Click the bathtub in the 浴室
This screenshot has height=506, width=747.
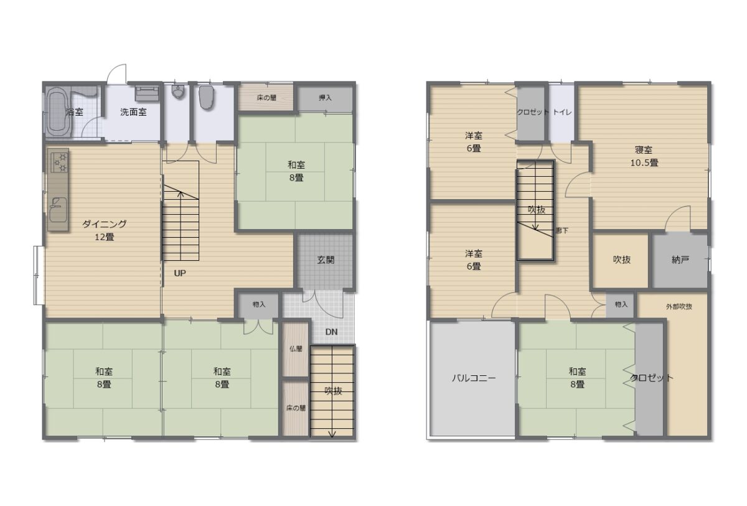point(59,112)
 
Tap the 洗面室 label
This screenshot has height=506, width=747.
point(133,112)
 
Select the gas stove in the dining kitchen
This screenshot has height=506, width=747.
point(59,162)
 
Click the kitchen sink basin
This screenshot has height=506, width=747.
point(58,210)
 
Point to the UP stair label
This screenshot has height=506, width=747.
point(180,273)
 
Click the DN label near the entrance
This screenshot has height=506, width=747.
point(331,332)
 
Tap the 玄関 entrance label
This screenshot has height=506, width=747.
point(326,260)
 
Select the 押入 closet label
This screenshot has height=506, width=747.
point(325,98)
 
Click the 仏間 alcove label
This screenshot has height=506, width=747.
point(296,349)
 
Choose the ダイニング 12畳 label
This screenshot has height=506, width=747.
point(105,230)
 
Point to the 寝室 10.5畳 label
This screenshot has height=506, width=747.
point(644,156)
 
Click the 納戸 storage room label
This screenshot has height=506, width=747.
point(680,260)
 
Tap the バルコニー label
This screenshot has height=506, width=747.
point(474,378)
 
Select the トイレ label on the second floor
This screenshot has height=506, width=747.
point(563,112)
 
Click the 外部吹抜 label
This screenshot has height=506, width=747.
point(679,307)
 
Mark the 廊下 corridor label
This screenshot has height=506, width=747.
point(562,230)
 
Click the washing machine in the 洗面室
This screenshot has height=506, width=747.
point(147,93)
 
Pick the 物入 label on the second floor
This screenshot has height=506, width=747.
point(621,304)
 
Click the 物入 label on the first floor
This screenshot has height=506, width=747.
point(259,304)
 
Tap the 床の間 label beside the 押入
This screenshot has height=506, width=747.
point(266,98)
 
